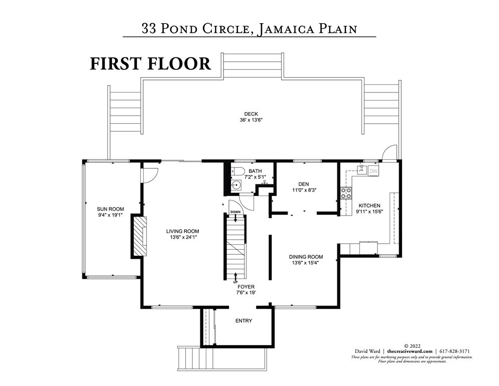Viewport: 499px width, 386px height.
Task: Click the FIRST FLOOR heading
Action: tap(150, 64)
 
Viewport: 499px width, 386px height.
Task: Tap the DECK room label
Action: tap(252, 114)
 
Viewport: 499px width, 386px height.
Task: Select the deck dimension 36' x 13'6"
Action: tap(252, 121)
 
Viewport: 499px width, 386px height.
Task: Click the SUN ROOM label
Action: tap(110, 209)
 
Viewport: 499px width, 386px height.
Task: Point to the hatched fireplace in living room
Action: tap(140, 236)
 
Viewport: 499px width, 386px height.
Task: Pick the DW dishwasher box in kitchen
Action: tap(373, 171)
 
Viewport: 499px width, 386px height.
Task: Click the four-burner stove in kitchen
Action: tap(346, 193)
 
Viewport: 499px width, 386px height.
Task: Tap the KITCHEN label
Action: tap(369, 206)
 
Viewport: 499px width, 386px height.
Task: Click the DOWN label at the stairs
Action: tap(235, 213)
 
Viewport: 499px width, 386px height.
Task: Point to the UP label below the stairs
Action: tap(235, 282)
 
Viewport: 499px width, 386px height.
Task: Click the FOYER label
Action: tap(246, 287)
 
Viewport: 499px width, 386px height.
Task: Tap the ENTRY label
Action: tap(243, 321)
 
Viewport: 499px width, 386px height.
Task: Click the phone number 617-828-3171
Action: tap(455, 351)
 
